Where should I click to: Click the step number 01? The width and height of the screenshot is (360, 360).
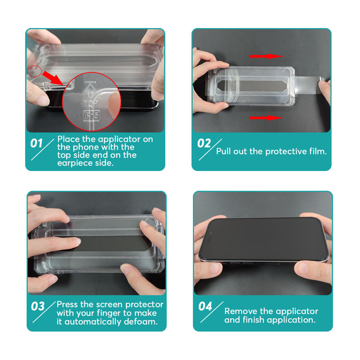pyautogui.click(x=36, y=143)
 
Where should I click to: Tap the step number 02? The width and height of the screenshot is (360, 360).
pyautogui.click(x=204, y=143)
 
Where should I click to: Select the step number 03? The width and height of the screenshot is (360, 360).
pyautogui.click(x=38, y=306)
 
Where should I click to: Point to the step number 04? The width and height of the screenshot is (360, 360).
pyautogui.click(x=205, y=306)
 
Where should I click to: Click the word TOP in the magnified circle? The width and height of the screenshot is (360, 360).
pyautogui.click(x=90, y=104)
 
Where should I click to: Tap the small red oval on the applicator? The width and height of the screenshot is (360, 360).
pyautogui.click(x=34, y=71)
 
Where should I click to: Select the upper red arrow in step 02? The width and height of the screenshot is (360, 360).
pyautogui.click(x=266, y=56)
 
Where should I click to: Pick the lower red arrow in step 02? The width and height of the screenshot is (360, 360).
pyautogui.click(x=266, y=118)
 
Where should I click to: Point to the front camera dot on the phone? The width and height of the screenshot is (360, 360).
pyautogui.click(x=211, y=233)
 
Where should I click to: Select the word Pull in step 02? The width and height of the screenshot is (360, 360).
pyautogui.click(x=223, y=151)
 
